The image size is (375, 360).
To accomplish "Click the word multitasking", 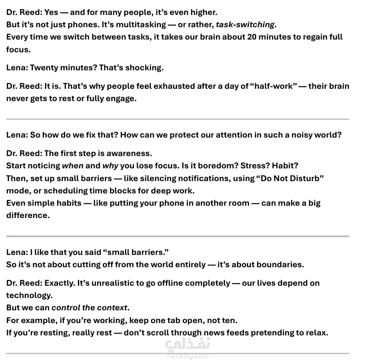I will (x=141, y=25).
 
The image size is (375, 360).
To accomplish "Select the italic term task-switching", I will (x=245, y=25).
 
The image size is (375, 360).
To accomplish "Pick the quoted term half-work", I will (x=273, y=86).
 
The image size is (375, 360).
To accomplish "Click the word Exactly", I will (x=60, y=283).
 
